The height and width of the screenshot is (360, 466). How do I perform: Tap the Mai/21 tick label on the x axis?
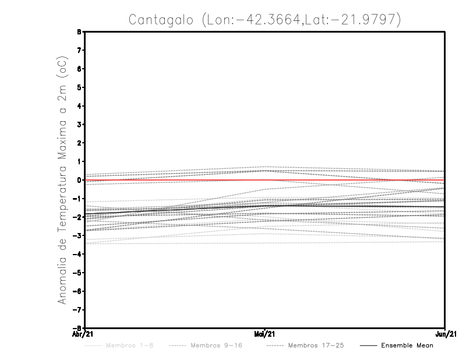click(x=265, y=334)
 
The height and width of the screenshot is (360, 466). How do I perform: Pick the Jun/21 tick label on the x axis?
click(x=445, y=334)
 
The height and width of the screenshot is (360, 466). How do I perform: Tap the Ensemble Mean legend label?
click(x=407, y=345)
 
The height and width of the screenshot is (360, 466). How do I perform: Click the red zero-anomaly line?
click(x=175, y=180)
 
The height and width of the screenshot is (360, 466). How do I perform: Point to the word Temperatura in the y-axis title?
click(x=63, y=195)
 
